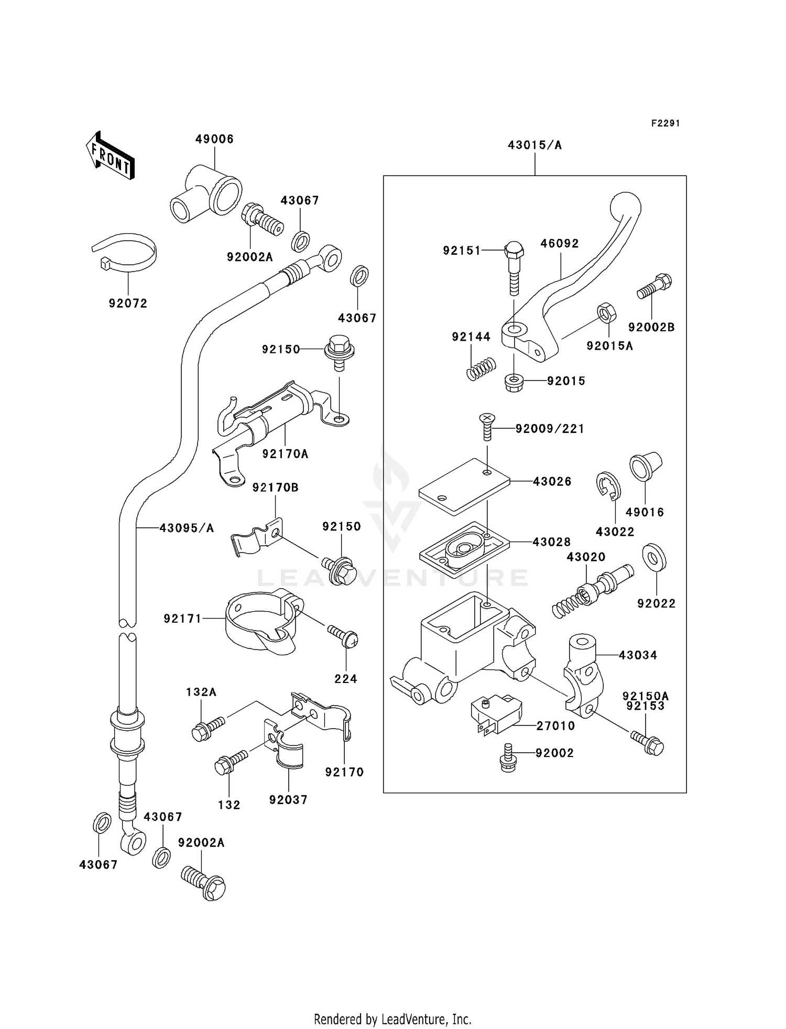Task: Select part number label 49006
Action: point(214,139)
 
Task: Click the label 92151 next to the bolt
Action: point(462,251)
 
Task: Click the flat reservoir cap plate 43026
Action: point(464,485)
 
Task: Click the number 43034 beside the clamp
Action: point(638,655)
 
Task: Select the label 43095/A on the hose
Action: point(187,528)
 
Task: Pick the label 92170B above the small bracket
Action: point(275,488)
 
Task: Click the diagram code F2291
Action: point(665,123)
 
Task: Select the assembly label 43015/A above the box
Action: point(534,145)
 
